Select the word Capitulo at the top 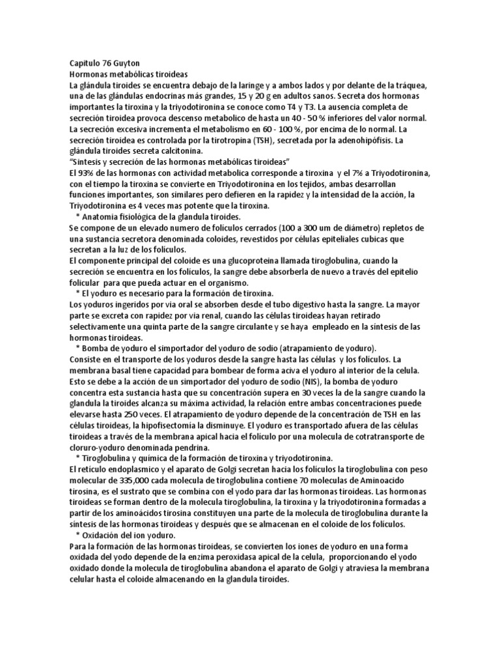pyautogui.click(x=85, y=64)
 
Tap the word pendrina pyautogui.click(x=198, y=448)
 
